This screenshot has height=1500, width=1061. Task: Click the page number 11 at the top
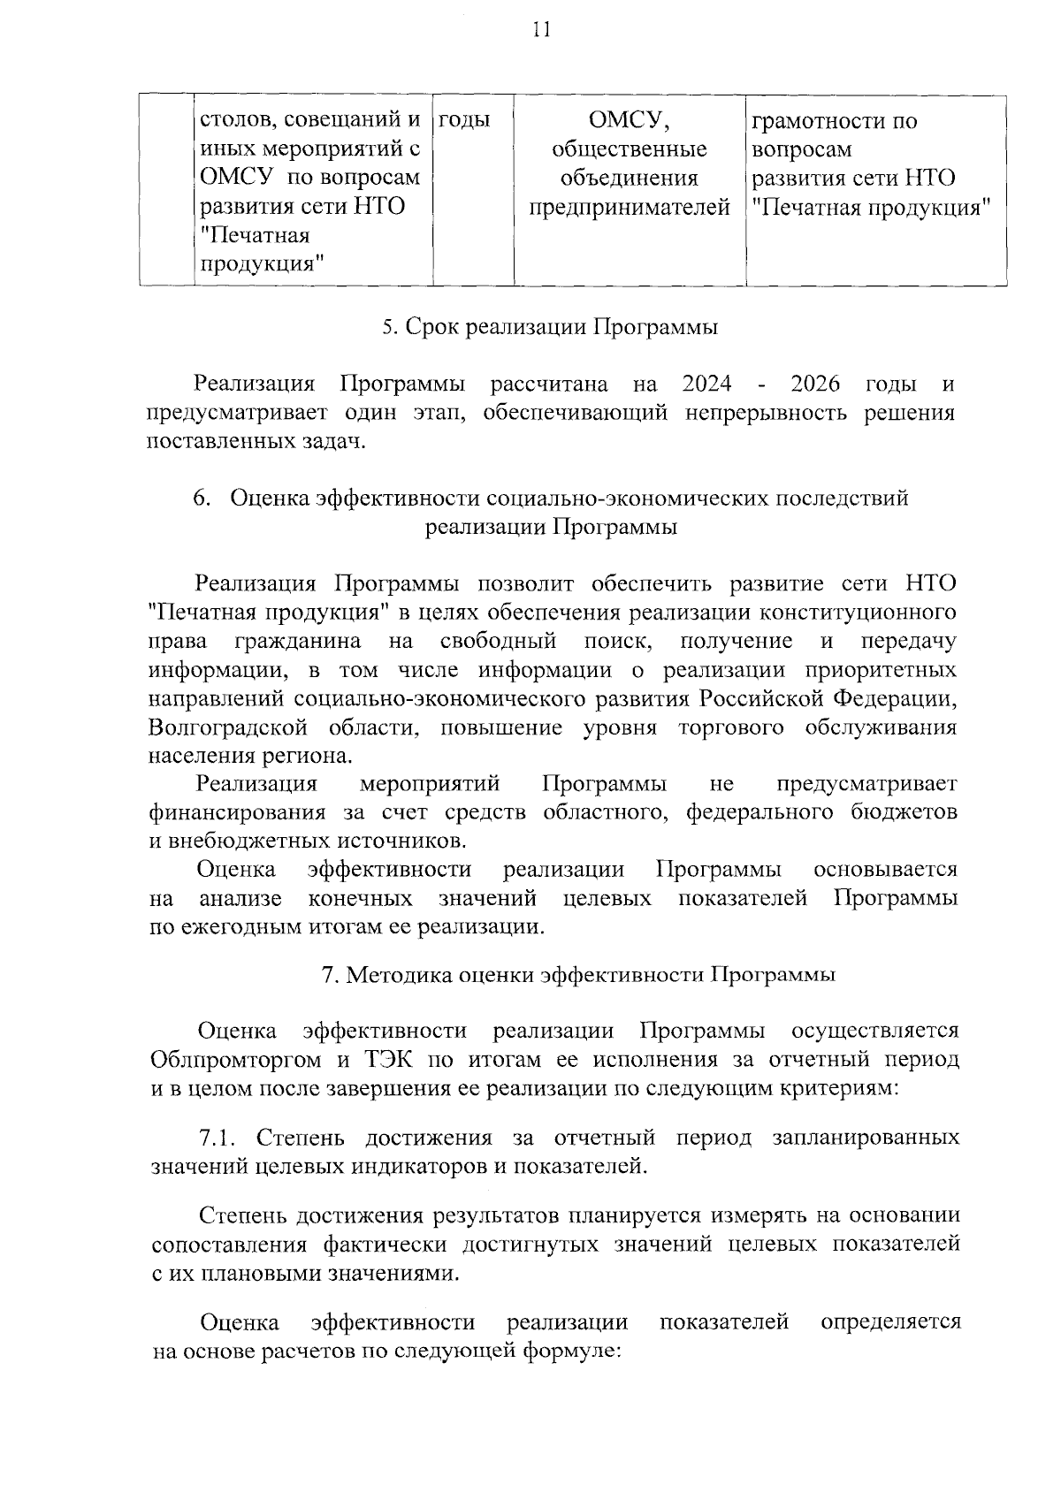541,32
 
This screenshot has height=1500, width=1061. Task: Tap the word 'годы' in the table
464,120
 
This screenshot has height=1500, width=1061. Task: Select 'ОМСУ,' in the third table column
629,120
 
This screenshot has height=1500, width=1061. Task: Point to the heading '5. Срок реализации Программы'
549,327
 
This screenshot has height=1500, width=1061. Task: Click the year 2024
707,384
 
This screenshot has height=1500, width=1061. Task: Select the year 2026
815,384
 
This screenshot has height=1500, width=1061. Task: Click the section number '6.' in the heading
202,499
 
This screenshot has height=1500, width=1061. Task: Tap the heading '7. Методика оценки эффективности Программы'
578,975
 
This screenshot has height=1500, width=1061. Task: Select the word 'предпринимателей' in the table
630,208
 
